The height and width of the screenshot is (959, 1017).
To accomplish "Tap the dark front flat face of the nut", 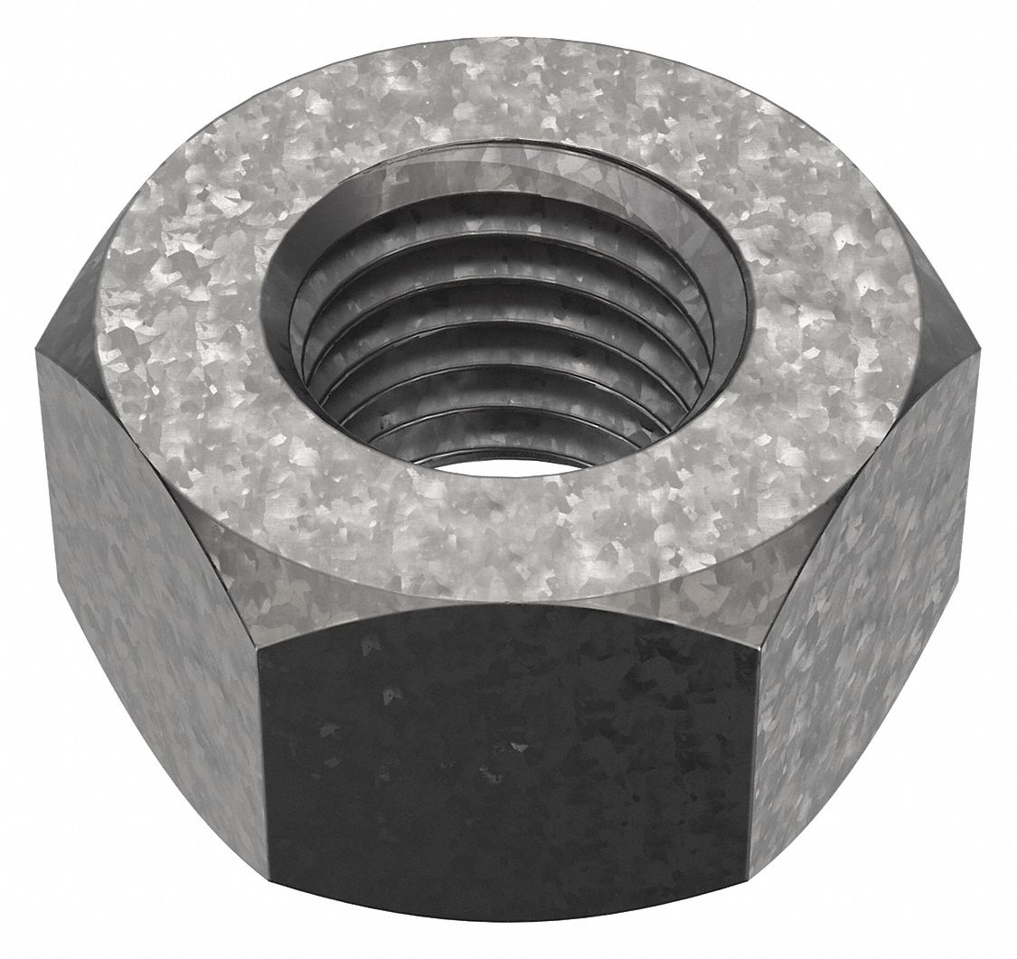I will pyautogui.click(x=506, y=768).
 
